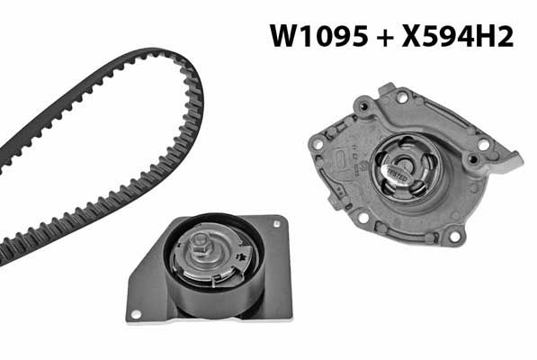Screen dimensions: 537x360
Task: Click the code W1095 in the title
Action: point(318,36)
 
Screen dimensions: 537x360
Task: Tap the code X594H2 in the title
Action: point(458,36)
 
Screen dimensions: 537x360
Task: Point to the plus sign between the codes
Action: point(385,37)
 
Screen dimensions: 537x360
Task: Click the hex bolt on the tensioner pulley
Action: point(200,243)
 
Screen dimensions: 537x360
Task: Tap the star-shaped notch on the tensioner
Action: point(243,256)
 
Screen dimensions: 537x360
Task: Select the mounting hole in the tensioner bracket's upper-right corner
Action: point(276,224)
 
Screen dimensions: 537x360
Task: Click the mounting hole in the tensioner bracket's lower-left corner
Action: point(136,314)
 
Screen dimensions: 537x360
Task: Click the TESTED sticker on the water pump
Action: point(398,174)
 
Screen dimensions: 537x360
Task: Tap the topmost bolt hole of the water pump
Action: point(402,97)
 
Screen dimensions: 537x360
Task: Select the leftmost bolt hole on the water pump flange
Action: point(318,144)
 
